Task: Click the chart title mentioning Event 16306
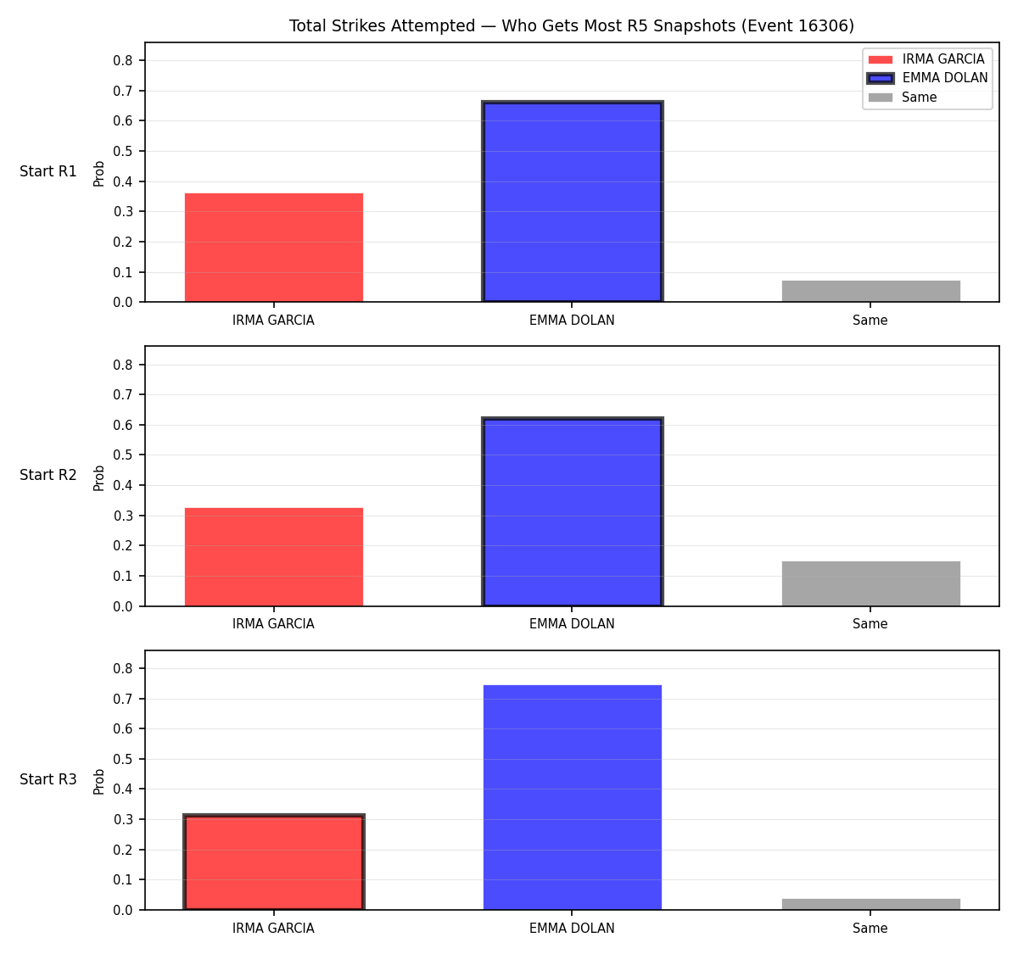coord(571,25)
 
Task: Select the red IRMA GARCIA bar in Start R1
coord(274,247)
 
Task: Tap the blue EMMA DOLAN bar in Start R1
coord(572,201)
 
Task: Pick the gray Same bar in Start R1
coord(870,291)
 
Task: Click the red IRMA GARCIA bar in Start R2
coord(274,557)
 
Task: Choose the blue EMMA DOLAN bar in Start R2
coord(572,511)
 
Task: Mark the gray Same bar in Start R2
coord(870,583)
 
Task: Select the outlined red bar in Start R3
coord(274,862)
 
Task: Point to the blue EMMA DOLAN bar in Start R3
coord(572,797)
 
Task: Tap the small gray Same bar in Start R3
coord(870,904)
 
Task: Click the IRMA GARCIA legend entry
coord(926,59)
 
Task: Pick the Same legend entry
coord(902,97)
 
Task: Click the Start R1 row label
coord(48,171)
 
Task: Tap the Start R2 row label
coord(48,475)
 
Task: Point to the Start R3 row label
coord(48,779)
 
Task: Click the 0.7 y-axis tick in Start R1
coord(122,92)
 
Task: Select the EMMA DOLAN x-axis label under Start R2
coord(572,624)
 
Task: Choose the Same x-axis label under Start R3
coord(870,928)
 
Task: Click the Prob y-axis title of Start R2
coord(99,478)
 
